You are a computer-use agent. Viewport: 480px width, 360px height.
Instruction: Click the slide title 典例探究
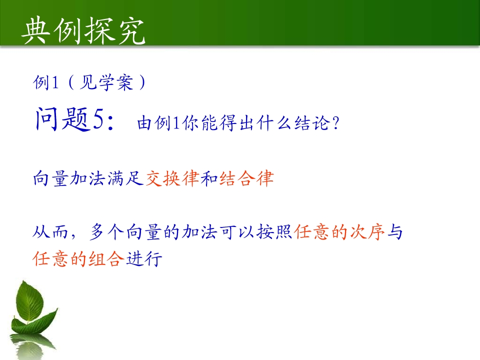tap(83, 30)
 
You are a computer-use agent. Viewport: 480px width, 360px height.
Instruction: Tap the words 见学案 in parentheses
tap(106, 82)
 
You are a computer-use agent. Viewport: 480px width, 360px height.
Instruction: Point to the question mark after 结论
tap(336, 123)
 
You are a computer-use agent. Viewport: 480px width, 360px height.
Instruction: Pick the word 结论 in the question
tap(312, 123)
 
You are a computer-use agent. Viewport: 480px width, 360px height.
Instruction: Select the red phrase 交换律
tap(172, 178)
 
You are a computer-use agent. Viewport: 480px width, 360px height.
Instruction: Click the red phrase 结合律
tap(246, 178)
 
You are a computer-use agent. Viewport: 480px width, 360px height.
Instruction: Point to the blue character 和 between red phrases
tap(209, 178)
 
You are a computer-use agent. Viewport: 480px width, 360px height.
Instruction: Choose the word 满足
tap(125, 178)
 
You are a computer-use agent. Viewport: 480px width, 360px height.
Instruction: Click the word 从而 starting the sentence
tap(50, 231)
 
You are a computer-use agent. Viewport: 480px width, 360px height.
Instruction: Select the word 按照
tap(274, 231)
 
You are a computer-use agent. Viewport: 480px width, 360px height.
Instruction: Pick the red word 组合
tap(106, 258)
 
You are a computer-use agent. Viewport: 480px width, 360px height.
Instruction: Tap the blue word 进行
tap(144, 258)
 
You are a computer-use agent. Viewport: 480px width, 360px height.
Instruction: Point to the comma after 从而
tap(73, 235)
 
